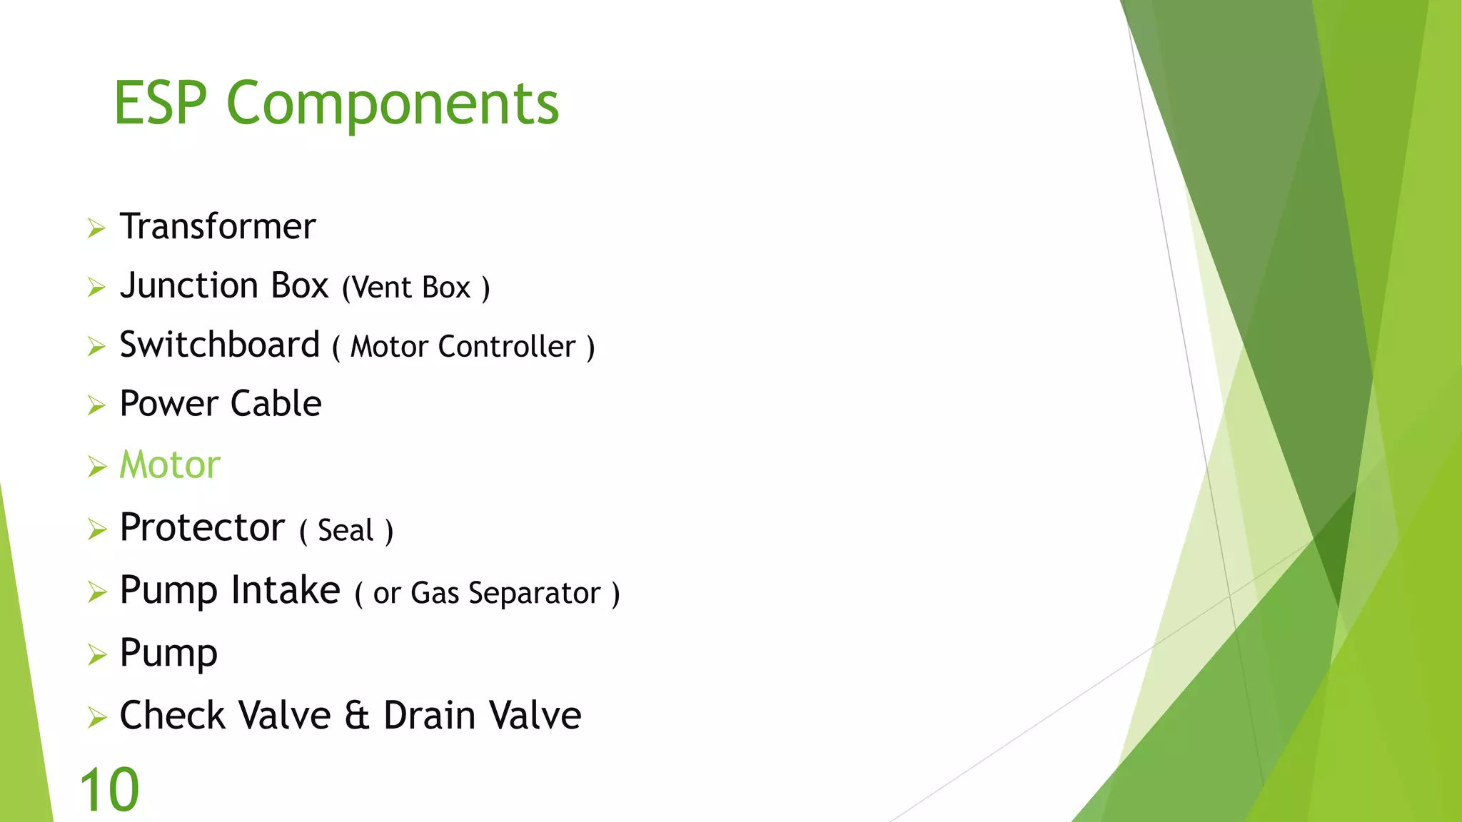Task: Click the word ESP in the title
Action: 160,103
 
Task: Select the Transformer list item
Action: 217,227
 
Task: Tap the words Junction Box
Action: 223,286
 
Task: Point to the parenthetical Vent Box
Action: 415,288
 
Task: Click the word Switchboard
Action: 219,345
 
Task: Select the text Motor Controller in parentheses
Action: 463,347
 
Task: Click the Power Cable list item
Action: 220,405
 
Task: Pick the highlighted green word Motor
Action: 170,465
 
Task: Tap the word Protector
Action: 202,528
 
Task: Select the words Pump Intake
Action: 229,591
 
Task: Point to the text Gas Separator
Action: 505,594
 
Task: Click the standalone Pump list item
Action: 168,654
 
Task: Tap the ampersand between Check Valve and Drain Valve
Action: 357,716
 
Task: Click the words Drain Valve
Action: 482,716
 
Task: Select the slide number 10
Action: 109,790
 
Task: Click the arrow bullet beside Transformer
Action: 96,229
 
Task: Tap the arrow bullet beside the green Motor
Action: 96,467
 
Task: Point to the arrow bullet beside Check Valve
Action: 96,718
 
